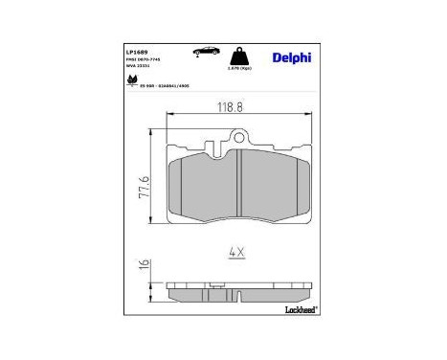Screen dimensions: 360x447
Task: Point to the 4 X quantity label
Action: coord(236,252)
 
